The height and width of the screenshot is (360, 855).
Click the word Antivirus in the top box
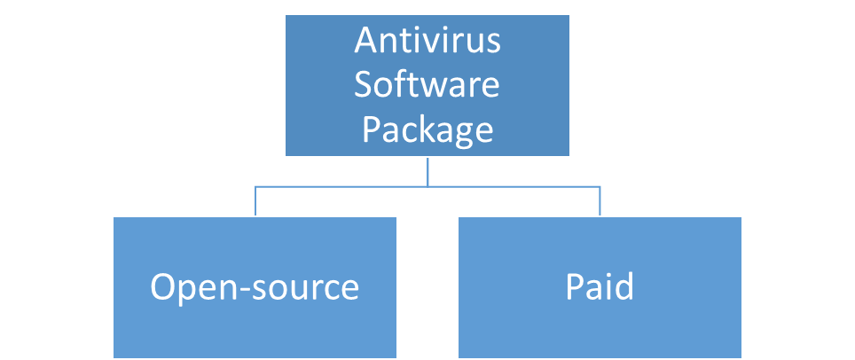coord(427,41)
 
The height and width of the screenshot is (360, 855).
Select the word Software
coord(427,86)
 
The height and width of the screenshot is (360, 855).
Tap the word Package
coord(427,130)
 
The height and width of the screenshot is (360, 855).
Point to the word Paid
coord(600,287)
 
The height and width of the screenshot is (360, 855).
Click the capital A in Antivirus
coord(365,41)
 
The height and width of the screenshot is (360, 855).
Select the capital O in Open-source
coord(162,287)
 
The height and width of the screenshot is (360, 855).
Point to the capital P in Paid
coord(574,287)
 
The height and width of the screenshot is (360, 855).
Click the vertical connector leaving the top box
coord(427,172)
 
